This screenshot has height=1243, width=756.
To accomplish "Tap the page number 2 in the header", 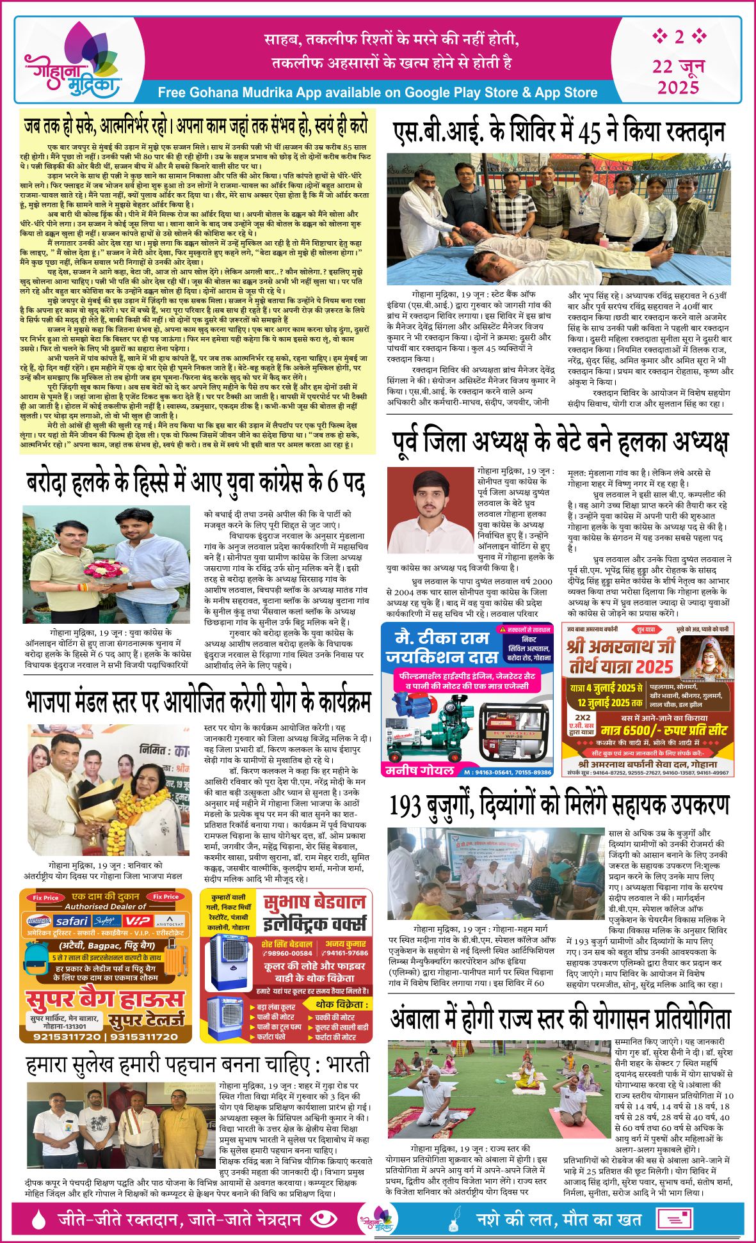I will (x=679, y=36).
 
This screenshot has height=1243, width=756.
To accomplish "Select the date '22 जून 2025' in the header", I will (x=679, y=76).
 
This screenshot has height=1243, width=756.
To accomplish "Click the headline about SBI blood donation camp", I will (x=558, y=132).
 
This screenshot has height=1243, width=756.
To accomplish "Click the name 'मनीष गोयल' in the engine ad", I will (x=419, y=771).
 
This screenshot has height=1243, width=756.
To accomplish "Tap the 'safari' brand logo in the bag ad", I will (x=71, y=921).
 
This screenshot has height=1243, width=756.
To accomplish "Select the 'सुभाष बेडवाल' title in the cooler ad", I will (x=314, y=902).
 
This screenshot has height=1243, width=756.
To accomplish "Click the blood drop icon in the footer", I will (x=38, y=1219).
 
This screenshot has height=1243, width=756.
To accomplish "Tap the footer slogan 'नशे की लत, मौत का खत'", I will (x=559, y=1219).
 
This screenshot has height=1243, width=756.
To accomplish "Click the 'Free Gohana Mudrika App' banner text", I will (x=377, y=92).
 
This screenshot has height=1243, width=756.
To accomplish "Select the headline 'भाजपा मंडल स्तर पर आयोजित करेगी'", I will (x=198, y=702).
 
